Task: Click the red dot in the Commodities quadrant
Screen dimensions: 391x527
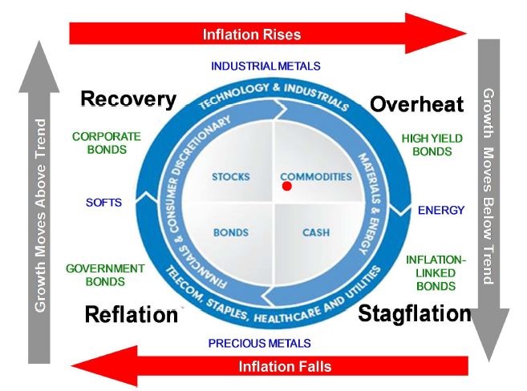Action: point(286,187)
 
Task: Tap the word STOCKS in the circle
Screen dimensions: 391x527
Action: point(231,176)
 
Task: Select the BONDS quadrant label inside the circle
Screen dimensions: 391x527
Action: point(230,233)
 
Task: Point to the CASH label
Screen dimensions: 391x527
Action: point(315,233)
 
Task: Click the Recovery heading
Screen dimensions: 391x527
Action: point(128,99)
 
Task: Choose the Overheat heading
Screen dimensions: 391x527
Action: point(416,104)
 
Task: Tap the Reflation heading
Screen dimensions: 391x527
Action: point(131,315)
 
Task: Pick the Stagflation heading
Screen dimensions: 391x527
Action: point(414,313)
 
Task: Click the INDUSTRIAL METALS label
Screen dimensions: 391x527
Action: point(266,66)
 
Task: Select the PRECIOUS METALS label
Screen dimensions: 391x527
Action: point(259,343)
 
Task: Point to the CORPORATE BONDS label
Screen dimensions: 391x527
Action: point(106,143)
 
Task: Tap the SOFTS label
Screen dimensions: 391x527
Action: point(103,202)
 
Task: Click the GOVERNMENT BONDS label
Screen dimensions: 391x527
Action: point(105,275)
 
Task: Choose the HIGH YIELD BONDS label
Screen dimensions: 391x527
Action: point(432,144)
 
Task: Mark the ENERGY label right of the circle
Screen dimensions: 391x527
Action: point(440,210)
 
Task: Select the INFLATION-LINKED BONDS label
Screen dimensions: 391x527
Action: point(436,272)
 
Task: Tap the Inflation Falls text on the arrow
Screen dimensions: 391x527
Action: point(285,366)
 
